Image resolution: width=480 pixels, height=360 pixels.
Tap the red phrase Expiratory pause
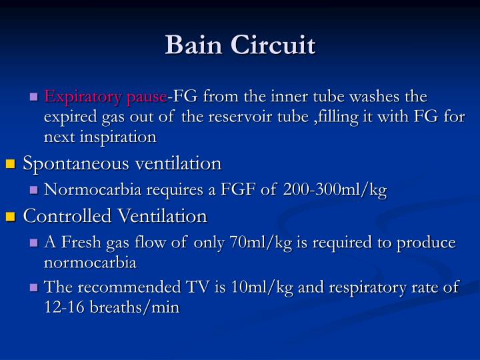pos(105,97)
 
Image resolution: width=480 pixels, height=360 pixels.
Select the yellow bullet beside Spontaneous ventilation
pos(10,163)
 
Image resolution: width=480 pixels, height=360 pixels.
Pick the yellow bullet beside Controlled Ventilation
pos(10,217)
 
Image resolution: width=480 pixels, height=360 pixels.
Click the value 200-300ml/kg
pos(335,190)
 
